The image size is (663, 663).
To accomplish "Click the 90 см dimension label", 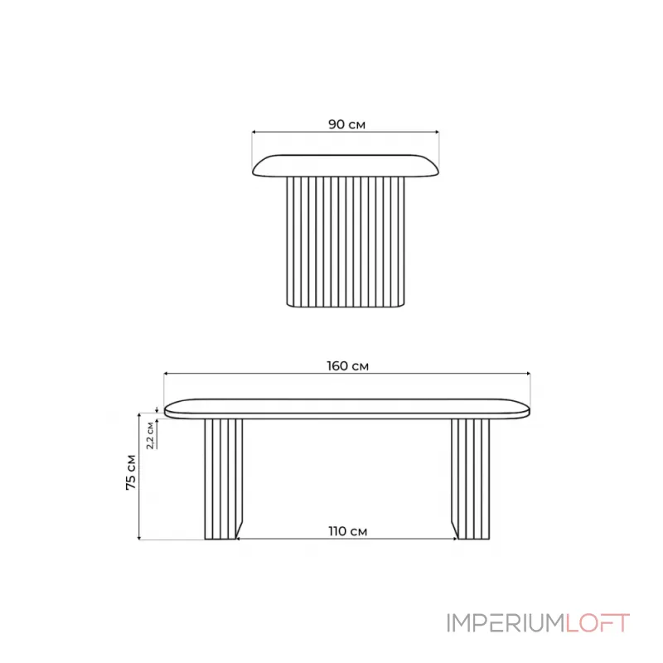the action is (346, 124).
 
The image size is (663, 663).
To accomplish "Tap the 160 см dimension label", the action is (347, 366).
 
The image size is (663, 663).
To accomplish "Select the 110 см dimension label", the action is (347, 531).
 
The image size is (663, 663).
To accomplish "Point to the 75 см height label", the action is (131, 472).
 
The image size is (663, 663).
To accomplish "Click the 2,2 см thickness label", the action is (150, 435).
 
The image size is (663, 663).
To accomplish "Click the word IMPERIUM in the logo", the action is (506, 623).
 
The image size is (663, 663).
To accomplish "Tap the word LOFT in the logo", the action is (598, 623).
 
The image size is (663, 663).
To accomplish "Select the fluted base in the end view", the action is (346, 241).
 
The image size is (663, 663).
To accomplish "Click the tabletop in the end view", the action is (346, 165).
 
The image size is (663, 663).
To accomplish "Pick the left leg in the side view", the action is (223, 479).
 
